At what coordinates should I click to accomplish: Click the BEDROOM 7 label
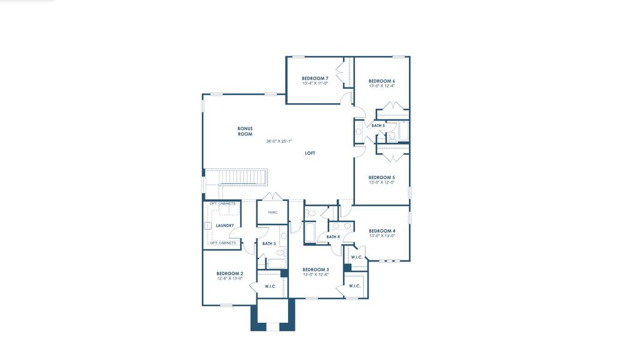pos(315,79)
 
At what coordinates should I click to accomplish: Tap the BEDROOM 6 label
pos(381,81)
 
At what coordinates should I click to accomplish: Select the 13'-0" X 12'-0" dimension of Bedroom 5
pos(381,183)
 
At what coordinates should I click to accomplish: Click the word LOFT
pos(310,153)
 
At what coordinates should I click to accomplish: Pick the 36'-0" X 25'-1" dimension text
pos(279,142)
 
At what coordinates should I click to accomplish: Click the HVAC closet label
pos(273,212)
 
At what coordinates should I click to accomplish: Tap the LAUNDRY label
pos(225,226)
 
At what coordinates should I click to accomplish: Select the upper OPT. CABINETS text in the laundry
pos(223,204)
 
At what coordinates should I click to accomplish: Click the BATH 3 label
pos(269,244)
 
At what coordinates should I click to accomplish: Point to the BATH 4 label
pos(333,237)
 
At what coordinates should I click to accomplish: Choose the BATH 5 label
pos(378,125)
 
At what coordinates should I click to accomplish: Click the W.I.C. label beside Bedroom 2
pos(270,286)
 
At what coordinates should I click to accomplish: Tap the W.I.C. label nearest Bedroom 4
pos(356,257)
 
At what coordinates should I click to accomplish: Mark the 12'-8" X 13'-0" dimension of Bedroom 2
pos(229,278)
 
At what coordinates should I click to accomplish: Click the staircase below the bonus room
pos(243,177)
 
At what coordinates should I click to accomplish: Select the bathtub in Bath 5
pos(403,130)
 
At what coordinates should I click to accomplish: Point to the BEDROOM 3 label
pos(315,269)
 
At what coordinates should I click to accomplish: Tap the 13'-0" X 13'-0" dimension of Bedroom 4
pos(382,236)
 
